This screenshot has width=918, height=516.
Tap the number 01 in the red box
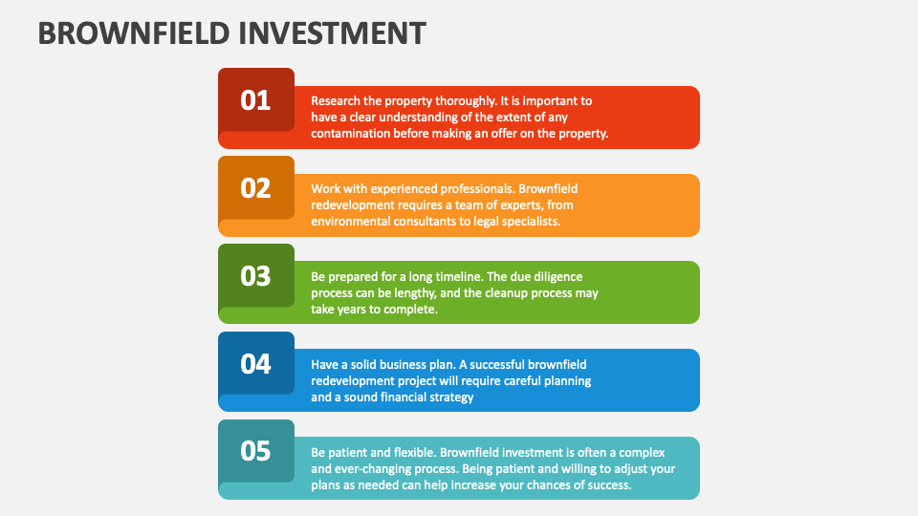pyautogui.click(x=255, y=99)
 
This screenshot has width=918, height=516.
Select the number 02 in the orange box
pyautogui.click(x=255, y=187)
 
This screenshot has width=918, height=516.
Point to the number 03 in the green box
pyautogui.click(x=255, y=275)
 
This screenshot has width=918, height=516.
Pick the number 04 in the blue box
pyautogui.click(x=255, y=363)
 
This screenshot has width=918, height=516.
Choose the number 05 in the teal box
pyautogui.click(x=255, y=450)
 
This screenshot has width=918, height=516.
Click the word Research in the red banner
pyautogui.click(x=335, y=100)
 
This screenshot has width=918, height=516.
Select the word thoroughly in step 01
pyautogui.click(x=459, y=100)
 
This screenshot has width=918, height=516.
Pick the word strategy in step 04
pyautogui.click(x=448, y=398)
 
